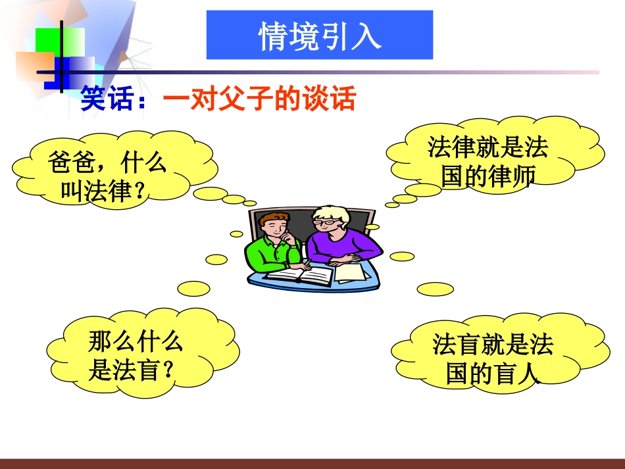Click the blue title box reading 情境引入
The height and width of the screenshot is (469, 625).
point(320,36)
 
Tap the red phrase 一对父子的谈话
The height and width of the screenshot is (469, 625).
point(259,100)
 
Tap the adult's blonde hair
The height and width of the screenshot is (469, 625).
point(329,212)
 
